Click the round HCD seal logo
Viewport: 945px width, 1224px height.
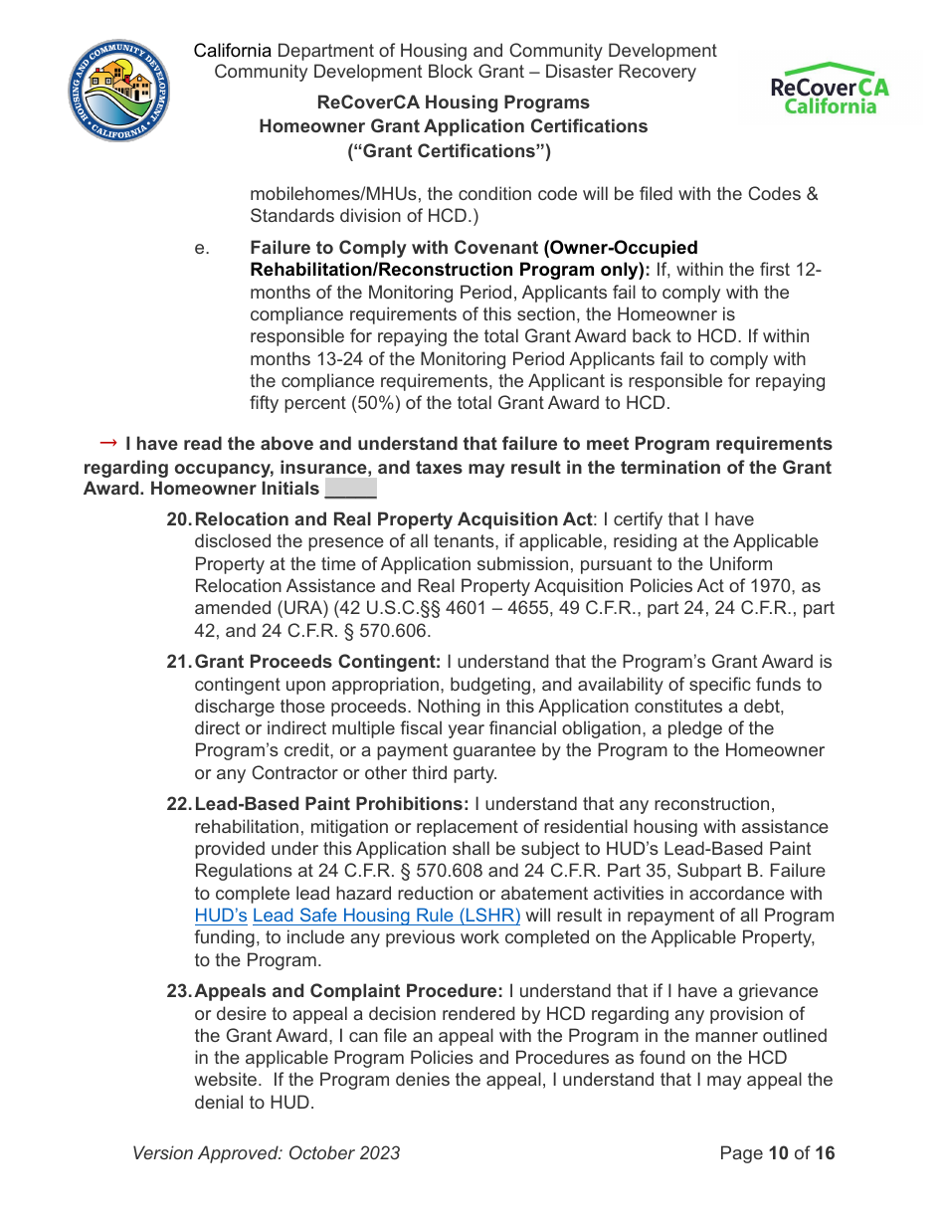(x=118, y=92)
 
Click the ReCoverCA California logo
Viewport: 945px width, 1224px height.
(x=830, y=89)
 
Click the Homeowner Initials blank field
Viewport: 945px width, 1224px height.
(x=350, y=490)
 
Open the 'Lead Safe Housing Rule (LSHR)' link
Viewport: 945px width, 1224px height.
(x=386, y=916)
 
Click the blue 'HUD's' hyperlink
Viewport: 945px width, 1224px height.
(x=221, y=916)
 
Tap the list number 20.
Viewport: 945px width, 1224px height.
(x=178, y=519)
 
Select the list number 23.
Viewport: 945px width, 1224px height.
(x=178, y=991)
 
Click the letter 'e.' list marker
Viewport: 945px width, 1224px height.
(x=202, y=248)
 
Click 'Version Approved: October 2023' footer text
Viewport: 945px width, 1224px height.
(x=267, y=1153)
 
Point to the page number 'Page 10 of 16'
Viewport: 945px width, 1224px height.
(x=777, y=1153)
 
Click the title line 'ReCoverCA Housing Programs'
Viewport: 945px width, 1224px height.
(x=453, y=102)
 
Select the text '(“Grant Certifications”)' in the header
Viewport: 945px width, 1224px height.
(x=449, y=151)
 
